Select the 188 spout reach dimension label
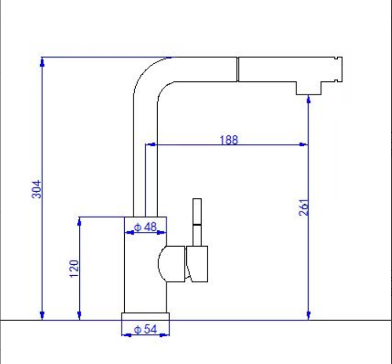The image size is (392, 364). coord(229,139)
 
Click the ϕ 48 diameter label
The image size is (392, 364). coord(145,227)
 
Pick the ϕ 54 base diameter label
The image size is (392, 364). coord(145,329)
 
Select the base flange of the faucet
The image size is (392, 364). coord(146,316)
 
